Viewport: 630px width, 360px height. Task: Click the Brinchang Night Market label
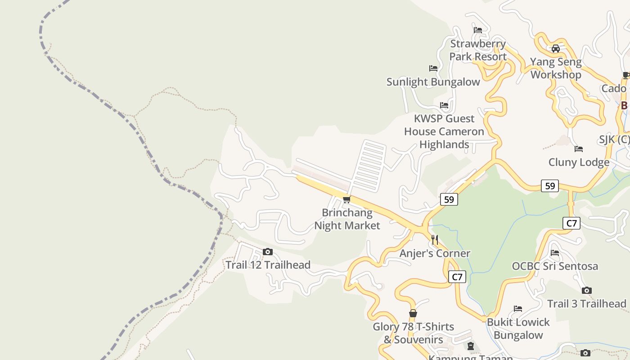coord(347,219)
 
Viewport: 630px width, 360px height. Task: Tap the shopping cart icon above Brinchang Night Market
coord(346,199)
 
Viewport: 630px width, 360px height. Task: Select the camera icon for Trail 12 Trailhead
coord(268,252)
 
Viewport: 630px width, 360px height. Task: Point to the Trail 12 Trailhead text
coord(268,265)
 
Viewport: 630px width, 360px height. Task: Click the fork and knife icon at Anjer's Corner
coord(435,239)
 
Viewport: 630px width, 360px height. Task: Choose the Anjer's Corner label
coord(435,253)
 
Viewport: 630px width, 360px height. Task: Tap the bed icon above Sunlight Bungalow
coord(433,68)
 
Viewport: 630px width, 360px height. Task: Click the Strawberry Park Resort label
coord(478,50)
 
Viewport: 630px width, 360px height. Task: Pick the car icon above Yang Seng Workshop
coord(556,49)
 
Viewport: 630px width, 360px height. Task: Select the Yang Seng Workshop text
coord(556,68)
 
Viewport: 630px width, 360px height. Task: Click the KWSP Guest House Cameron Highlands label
coord(444,131)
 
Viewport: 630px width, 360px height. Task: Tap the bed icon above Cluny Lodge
coord(579,149)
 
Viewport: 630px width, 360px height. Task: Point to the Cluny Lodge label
coord(579,162)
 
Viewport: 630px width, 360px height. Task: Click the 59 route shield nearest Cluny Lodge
coord(550,185)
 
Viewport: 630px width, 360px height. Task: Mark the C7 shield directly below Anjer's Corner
coord(457,277)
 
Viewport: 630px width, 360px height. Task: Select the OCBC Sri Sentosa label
coord(555,266)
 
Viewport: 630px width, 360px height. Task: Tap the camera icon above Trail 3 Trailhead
coord(586,291)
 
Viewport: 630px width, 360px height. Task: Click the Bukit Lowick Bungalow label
coord(518,328)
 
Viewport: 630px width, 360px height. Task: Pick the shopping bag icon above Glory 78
coord(413,314)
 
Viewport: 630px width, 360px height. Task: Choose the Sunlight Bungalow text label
coord(433,82)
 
